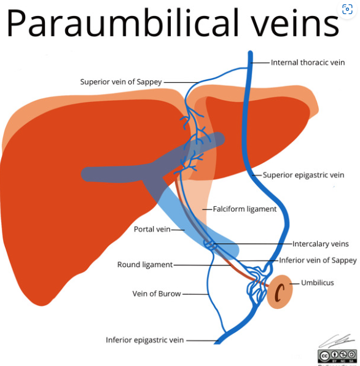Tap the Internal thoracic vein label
click(x=308, y=63)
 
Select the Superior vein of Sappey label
click(x=121, y=82)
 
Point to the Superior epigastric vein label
click(x=303, y=175)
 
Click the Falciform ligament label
click(x=245, y=209)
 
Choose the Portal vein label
click(x=152, y=229)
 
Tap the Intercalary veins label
click(x=321, y=244)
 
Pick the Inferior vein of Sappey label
click(x=318, y=260)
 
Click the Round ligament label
click(x=145, y=265)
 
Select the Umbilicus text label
click(x=318, y=283)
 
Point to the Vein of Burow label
click(x=157, y=294)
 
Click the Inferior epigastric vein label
click(x=145, y=340)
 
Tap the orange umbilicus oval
click(x=280, y=292)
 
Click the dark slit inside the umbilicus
click(x=280, y=293)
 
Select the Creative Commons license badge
click(x=337, y=356)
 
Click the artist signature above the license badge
click(x=337, y=341)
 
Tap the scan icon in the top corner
click(x=347, y=9)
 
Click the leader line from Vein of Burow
click(x=195, y=294)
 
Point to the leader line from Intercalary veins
click(x=252, y=244)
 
